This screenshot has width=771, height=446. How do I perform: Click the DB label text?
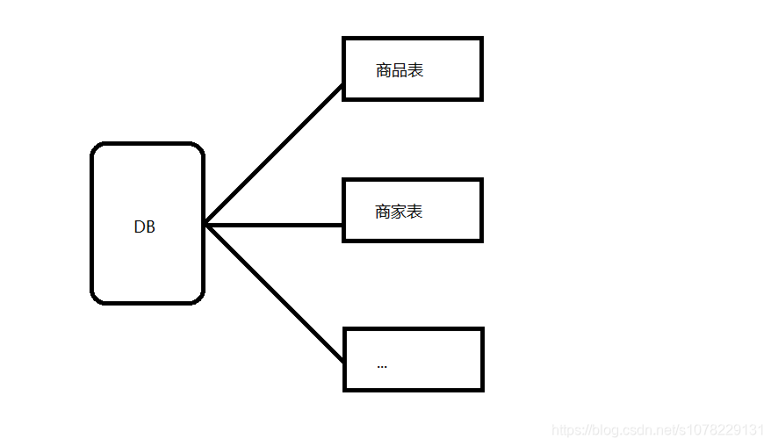[144, 227]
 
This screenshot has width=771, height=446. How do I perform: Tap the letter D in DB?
[139, 227]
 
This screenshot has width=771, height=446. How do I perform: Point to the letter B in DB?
[150, 227]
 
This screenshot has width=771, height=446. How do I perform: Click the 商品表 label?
[400, 70]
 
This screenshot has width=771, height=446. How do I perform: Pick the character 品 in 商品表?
[400, 70]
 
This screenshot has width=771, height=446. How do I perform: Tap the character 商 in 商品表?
[384, 70]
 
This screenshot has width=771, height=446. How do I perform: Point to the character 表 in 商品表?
[415, 70]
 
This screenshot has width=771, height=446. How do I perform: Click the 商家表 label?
[399, 212]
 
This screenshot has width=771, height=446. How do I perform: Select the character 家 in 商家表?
[399, 212]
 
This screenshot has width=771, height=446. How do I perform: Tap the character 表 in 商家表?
[414, 212]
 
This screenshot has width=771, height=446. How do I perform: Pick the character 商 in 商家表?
[383, 212]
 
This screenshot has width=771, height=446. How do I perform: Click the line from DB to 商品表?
[274, 155]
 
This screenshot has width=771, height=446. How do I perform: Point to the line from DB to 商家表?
[274, 225]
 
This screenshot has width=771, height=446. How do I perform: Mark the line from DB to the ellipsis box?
[274, 293]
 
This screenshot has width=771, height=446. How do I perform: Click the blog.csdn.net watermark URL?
[658, 430]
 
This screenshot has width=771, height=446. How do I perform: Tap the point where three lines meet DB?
[206, 225]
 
